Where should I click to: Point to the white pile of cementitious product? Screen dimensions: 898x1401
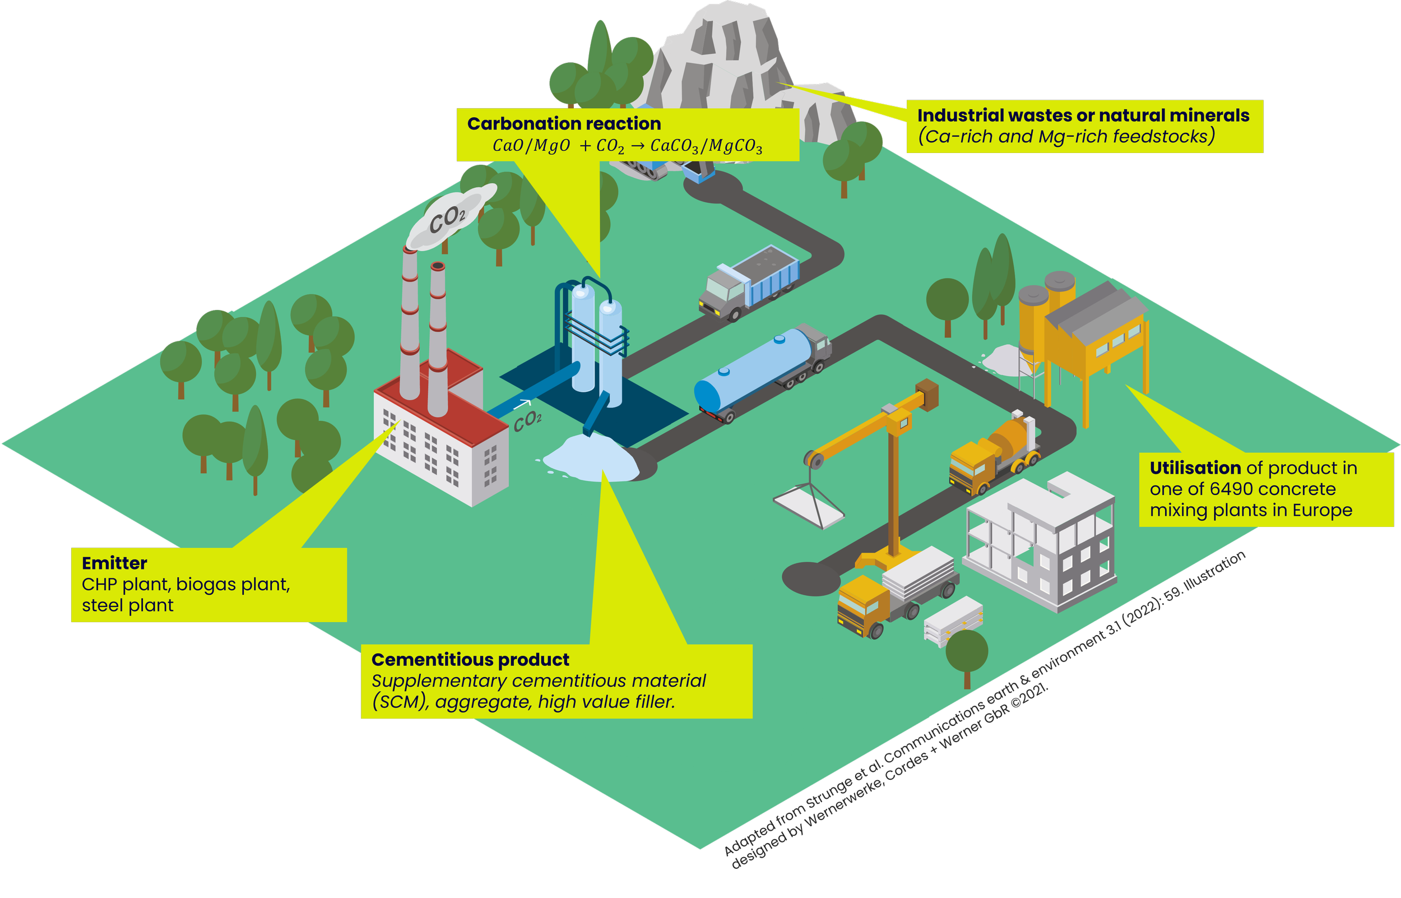592,458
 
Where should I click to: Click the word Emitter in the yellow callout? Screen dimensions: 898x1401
114,563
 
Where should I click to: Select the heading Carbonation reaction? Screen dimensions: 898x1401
564,124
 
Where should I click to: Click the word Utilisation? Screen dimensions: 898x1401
1195,468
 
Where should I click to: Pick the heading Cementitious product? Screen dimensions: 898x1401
470,660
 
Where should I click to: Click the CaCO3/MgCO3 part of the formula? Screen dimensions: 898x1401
706,146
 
